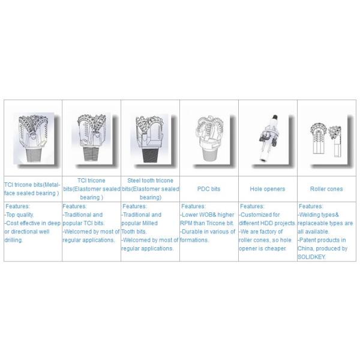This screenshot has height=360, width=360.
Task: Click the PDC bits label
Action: coord(209,189)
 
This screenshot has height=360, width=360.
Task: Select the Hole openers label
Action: coord(268,189)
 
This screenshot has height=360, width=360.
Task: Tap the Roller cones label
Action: coord(326,189)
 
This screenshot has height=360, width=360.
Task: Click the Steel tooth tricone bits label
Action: coord(151,189)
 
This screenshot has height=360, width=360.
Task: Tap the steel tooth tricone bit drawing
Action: coord(150,139)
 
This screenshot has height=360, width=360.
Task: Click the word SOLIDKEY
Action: coord(311,257)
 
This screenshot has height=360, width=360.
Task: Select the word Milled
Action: coord(149,223)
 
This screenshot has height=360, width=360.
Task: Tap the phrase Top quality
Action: coord(20,215)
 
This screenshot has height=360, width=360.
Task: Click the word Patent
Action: coord(308,240)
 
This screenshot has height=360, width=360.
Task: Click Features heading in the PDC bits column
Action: coord(193,206)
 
